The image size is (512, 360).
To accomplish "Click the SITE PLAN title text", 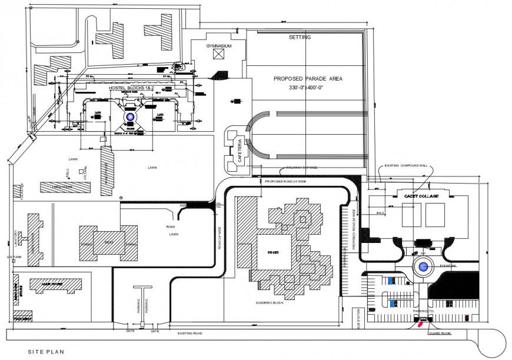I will coord(46,352).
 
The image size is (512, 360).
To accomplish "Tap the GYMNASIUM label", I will coord(218,45).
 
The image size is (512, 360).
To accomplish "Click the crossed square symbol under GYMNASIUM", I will coord(219,55).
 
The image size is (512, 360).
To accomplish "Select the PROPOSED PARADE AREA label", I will coord(308,78).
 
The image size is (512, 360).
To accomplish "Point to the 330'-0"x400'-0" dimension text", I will coord(307,87).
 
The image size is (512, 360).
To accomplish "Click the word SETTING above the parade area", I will coord(300,37).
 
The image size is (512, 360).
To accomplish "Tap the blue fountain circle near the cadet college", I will coord(423,268).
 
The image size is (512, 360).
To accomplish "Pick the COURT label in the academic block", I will coord(272,252).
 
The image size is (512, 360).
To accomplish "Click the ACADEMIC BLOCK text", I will coord(271,303).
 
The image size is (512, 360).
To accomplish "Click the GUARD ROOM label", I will coord(440,333).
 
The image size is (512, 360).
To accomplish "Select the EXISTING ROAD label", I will coord(190,333).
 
